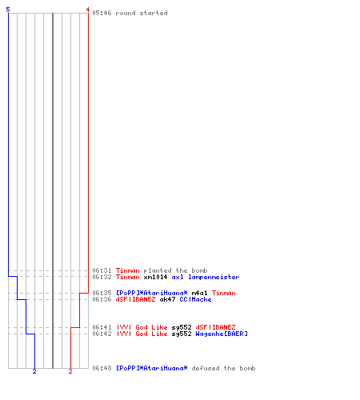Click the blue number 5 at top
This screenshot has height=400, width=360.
pyautogui.click(x=8, y=10)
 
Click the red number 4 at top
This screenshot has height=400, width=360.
pyautogui.click(x=88, y=10)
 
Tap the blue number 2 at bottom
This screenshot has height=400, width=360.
pyautogui.click(x=34, y=371)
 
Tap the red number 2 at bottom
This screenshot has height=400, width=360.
pyautogui.click(x=70, y=371)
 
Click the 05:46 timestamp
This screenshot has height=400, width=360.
pyautogui.click(x=102, y=13)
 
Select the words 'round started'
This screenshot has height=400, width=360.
pyautogui.click(x=142, y=13)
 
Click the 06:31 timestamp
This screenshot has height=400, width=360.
pyautogui.click(x=102, y=270)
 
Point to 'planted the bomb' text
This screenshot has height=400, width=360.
pyautogui.click(x=175, y=270)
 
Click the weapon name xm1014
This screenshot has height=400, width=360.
pyautogui.click(x=155, y=277)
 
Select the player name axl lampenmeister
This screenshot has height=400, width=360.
pyautogui.click(x=206, y=277)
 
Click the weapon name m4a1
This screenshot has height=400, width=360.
pyautogui.click(x=199, y=293)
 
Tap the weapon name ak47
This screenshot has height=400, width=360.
pyautogui.click(x=167, y=299)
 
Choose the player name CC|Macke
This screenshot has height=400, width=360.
pyautogui.click(x=195, y=299)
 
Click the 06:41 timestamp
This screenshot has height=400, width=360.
pyautogui.click(x=102, y=327)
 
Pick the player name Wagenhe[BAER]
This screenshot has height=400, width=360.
pyautogui.click(x=222, y=334)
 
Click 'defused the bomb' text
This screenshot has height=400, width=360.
pyautogui.click(x=223, y=368)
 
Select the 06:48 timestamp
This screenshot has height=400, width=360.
pyautogui.click(x=102, y=368)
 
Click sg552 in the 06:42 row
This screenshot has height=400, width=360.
pyautogui.click(x=182, y=334)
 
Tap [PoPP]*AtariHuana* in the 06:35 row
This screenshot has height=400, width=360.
pyautogui.click(x=152, y=293)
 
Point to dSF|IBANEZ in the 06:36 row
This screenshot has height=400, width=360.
pyautogui.click(x=135, y=299)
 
